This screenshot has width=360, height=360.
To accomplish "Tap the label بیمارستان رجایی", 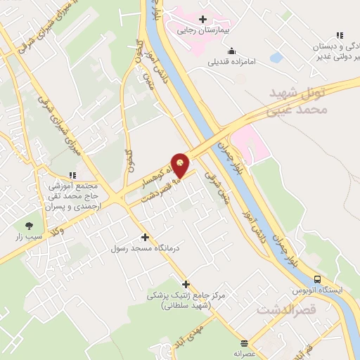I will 204,31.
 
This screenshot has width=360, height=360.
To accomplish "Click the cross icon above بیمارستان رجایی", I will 203,19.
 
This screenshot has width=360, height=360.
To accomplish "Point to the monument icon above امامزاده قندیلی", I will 232,50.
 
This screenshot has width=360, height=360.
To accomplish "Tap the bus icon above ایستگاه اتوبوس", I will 318,278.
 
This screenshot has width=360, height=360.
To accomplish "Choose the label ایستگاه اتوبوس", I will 318,290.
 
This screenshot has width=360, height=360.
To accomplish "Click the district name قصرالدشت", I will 283,309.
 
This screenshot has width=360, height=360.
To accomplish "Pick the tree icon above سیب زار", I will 29,226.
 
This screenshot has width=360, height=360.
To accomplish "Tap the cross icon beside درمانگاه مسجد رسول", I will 145,237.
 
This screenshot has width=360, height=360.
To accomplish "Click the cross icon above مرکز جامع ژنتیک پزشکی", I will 186,284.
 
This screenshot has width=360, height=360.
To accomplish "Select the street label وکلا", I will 59,230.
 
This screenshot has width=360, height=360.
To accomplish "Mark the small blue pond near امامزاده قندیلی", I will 276,56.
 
